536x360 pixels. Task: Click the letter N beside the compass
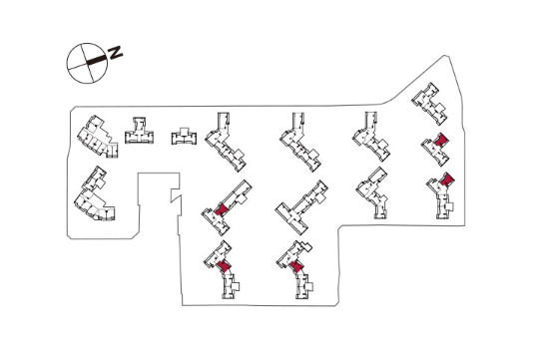[x=115, y=52]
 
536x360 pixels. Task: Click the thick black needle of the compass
[x=97, y=60]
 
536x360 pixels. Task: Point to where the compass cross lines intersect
[x=87, y=63]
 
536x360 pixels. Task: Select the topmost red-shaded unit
[x=441, y=140]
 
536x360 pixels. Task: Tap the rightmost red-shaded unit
[x=446, y=179]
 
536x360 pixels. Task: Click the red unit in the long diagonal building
[x=222, y=209]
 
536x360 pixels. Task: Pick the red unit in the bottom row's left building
[x=224, y=266]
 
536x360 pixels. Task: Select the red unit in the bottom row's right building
[x=296, y=266]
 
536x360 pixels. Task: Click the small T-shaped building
[x=139, y=131]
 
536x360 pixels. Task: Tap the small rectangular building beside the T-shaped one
[x=184, y=137]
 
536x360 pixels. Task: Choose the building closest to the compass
[x=98, y=137]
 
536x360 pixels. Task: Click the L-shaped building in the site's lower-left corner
[x=95, y=194]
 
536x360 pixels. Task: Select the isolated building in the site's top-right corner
[x=429, y=104]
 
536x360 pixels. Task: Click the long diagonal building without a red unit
[x=301, y=207]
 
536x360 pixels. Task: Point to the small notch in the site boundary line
[x=176, y=195]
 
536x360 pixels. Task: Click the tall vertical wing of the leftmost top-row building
[x=224, y=123]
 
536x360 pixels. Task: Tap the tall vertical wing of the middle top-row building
[x=298, y=123]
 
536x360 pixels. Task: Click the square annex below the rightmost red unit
[x=449, y=206]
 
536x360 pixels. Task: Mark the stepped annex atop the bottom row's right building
[x=303, y=246]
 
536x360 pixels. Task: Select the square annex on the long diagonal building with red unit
[x=242, y=199]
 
